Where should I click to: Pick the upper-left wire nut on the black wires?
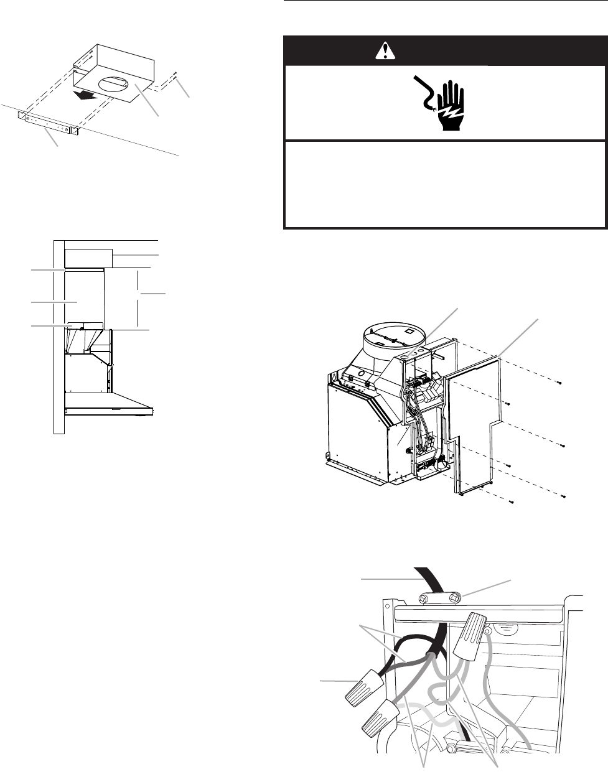[x=367, y=684]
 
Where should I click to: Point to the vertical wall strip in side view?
[x=59, y=336]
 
